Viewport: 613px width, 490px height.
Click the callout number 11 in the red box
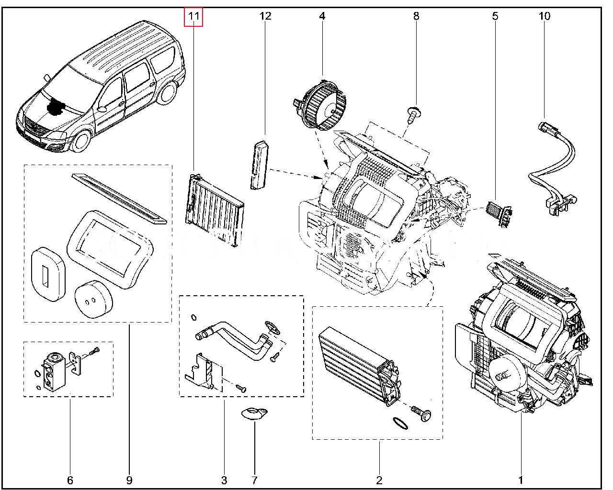(x=194, y=16)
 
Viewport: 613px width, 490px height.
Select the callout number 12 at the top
(x=265, y=16)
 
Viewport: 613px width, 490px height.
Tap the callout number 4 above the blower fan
(x=322, y=16)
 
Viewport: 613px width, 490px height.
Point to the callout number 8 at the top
(x=416, y=16)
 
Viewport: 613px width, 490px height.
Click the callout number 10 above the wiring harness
(x=545, y=16)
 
